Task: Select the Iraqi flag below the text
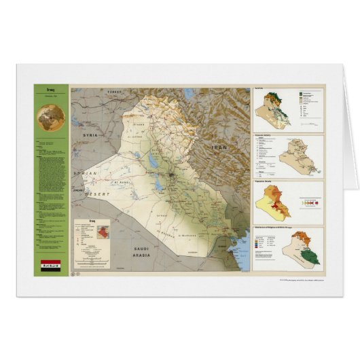[x=51, y=266]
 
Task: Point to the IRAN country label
[x=219, y=147]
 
